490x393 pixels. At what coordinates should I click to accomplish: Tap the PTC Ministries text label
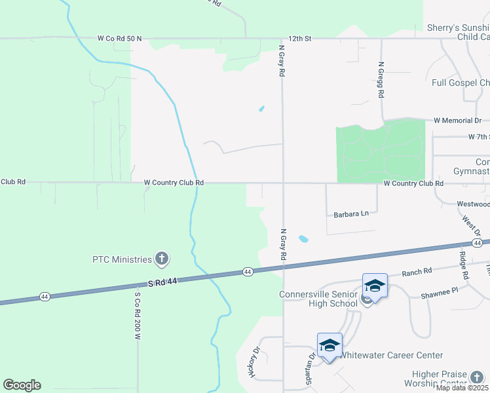(122, 259)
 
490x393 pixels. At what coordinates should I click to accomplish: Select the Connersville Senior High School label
(318, 298)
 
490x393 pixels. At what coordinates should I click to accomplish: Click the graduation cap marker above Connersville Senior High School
(375, 286)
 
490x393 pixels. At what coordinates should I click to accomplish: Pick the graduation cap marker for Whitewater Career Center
(330, 345)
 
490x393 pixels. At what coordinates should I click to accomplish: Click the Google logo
(22, 385)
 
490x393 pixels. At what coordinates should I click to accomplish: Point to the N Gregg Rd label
(381, 80)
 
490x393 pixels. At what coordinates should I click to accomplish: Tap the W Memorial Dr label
(457, 121)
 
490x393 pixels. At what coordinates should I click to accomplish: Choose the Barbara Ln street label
(351, 214)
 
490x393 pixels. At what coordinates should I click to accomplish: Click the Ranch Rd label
(417, 272)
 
